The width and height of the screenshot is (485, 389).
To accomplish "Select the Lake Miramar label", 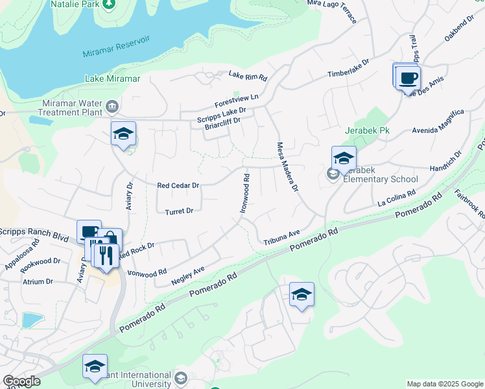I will click(112, 78).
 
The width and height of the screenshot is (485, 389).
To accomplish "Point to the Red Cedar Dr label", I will click(177, 185).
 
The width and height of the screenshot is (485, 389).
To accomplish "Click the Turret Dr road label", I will click(179, 211).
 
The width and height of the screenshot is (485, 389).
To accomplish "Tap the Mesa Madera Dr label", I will click(287, 167).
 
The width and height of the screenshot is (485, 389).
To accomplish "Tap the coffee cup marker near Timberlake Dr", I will click(408, 79).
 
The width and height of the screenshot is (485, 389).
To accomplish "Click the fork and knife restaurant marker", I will click(106, 255).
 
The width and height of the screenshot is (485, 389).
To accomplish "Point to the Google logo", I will click(21, 381).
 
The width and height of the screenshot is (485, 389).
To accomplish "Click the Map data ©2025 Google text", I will click(444, 384).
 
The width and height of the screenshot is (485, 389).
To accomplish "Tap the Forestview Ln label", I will click(237, 102).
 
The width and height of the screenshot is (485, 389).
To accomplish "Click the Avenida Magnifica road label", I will click(438, 121).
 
